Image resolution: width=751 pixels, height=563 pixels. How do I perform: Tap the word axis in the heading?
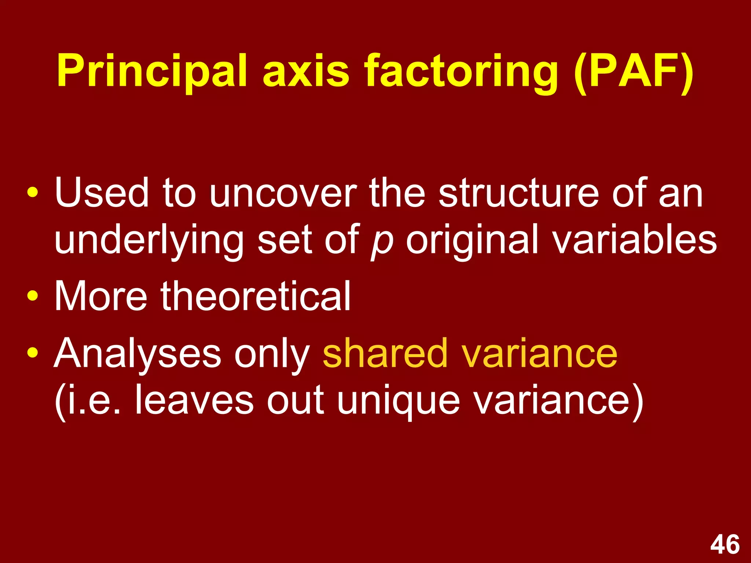click(306, 71)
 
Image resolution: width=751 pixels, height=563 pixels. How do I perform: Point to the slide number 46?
click(725, 545)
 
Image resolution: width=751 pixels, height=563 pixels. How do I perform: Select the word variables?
click(634, 240)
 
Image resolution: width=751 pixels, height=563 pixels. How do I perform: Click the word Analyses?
click(138, 354)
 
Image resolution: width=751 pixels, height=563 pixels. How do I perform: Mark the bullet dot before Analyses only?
click(33, 352)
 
